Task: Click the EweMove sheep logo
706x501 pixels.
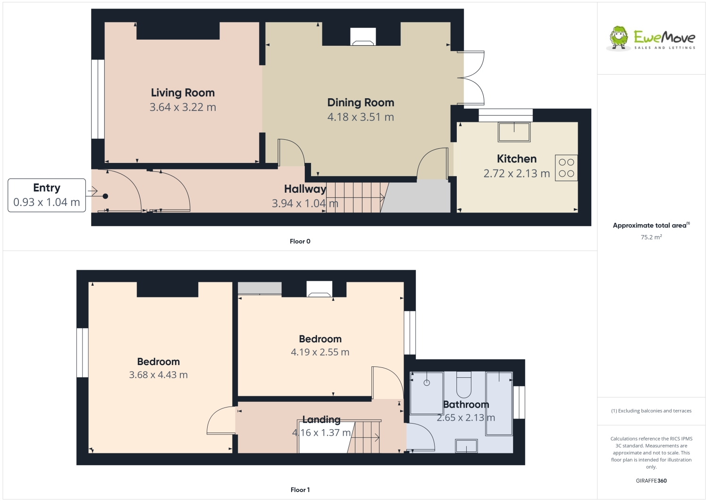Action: click(619, 37)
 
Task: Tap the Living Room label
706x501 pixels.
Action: click(183, 93)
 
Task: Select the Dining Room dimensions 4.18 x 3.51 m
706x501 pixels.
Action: click(361, 117)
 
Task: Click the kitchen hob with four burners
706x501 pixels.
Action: click(566, 168)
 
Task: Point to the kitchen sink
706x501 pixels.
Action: click(514, 132)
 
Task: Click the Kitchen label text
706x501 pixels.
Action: click(516, 159)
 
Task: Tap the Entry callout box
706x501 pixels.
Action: click(47, 195)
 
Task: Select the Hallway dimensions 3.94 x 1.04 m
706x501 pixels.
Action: click(305, 204)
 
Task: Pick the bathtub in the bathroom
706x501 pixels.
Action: click(499, 403)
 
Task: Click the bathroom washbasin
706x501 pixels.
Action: click(466, 446)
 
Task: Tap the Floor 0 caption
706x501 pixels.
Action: click(300, 241)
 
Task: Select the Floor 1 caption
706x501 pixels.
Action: click(300, 490)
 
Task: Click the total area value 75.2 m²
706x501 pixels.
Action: click(651, 237)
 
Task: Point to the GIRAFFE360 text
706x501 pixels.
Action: click(651, 481)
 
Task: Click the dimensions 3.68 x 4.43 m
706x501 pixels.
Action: click(158, 375)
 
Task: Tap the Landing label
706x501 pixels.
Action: click(321, 420)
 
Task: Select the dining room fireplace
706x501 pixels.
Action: click(363, 37)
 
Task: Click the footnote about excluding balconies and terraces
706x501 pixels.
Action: click(651, 411)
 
